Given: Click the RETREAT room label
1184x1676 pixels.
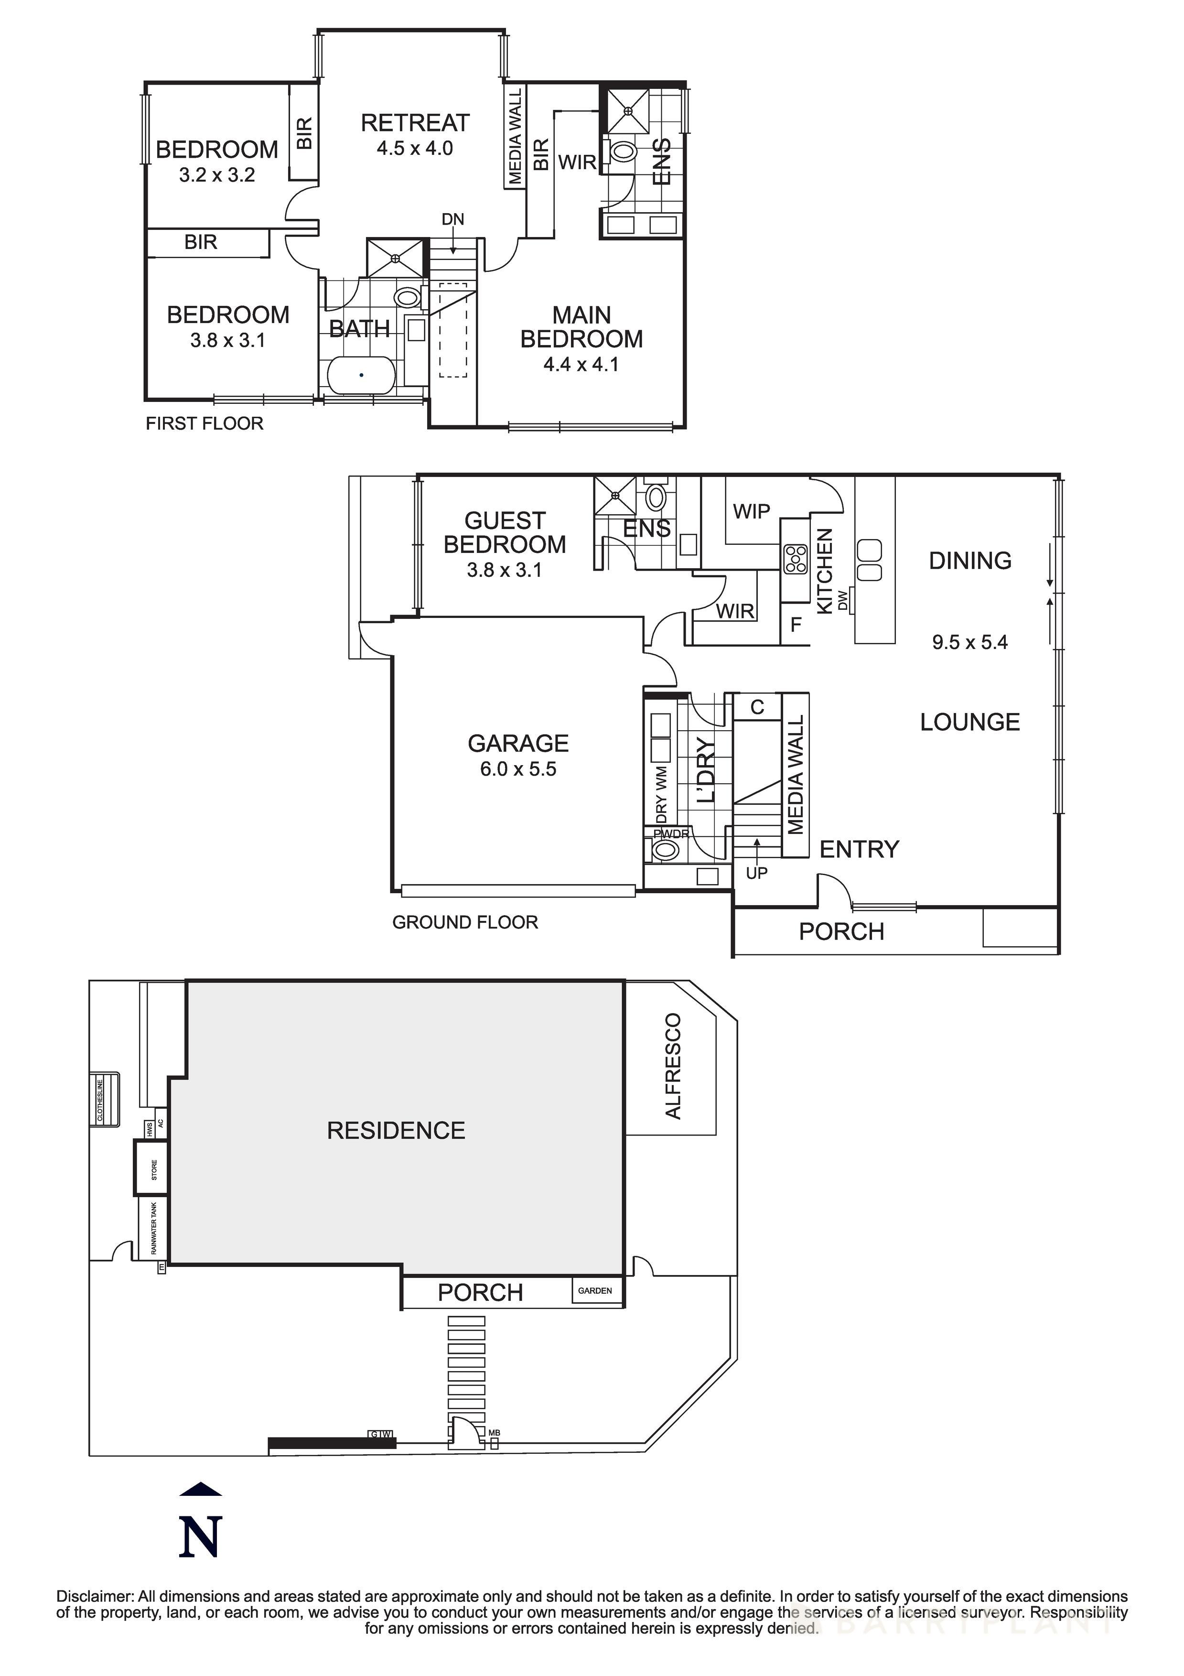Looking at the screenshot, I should coord(415,123).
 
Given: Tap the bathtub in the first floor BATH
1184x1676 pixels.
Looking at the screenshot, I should coord(361,375).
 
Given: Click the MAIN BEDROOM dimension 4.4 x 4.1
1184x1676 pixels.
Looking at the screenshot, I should coord(581,364).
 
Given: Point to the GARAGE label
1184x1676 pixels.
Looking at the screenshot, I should coord(517,743).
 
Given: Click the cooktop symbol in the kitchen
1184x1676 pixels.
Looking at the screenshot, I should coord(795,559).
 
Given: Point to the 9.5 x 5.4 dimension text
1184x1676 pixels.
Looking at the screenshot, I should coord(969,642).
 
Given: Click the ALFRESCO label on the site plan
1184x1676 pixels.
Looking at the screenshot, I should coord(673,1066).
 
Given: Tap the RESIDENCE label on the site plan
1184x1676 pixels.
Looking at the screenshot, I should coord(396,1131).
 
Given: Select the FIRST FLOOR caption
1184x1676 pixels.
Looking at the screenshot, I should coord(205,423).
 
